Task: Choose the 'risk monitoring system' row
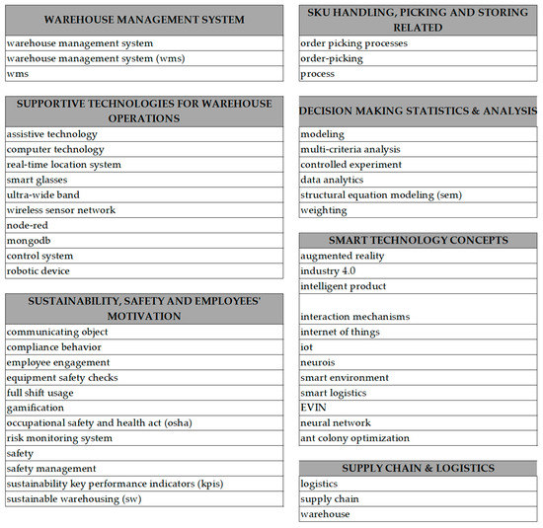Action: [x=59, y=438]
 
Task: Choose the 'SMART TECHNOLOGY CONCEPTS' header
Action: [x=418, y=240]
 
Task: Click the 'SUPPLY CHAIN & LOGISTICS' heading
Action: [x=418, y=467]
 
